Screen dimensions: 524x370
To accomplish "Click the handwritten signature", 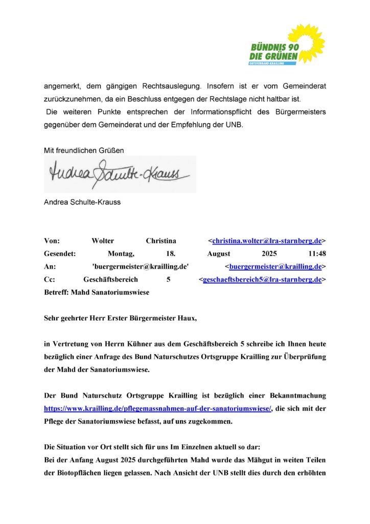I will [x=120, y=174].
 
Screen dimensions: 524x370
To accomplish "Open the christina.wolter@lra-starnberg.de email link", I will [x=267, y=241].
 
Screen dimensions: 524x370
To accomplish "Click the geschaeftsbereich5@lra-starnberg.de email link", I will [x=262, y=279].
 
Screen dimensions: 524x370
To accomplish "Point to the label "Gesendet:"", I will [x=60, y=253].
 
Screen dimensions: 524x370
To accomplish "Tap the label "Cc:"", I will [x=50, y=279].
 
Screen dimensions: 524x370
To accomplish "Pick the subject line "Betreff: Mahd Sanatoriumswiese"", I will [x=97, y=292].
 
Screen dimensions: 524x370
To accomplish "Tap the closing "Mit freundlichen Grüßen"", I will [x=84, y=150].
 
